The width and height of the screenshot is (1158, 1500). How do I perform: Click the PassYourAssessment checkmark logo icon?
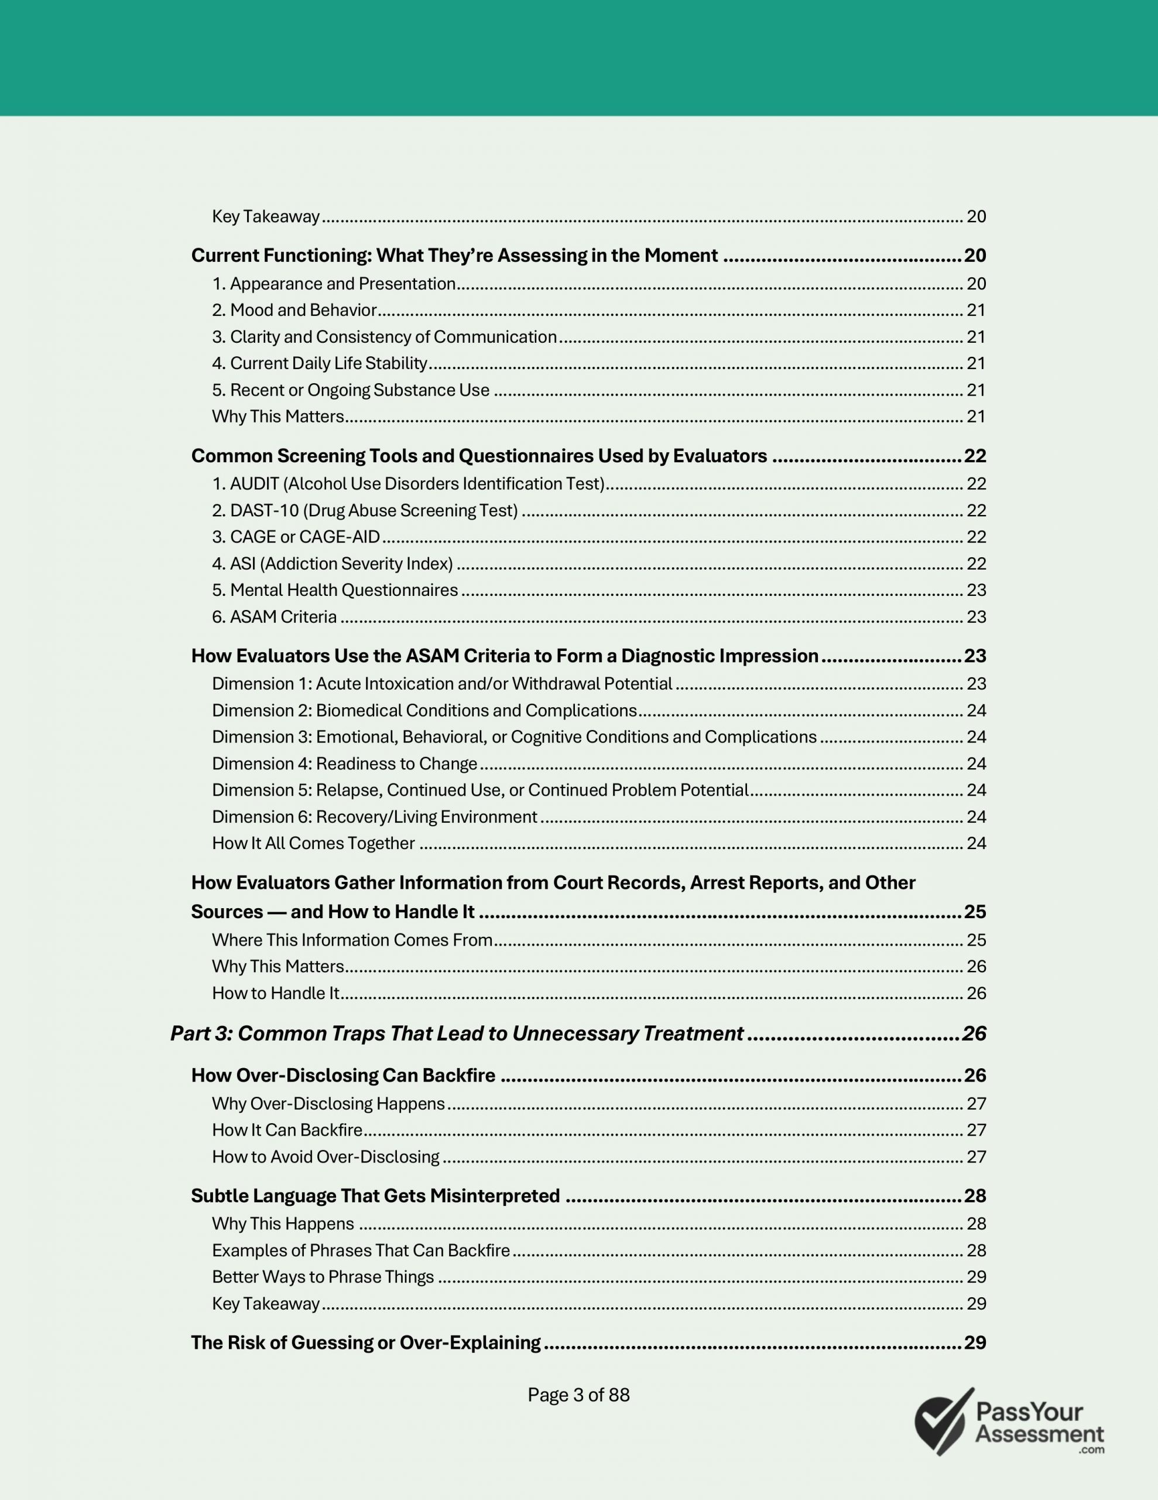click(x=944, y=1421)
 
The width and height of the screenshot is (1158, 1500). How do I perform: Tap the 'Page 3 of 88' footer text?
click(x=578, y=1395)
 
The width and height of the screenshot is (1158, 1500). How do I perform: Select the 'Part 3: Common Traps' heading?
click(x=457, y=1034)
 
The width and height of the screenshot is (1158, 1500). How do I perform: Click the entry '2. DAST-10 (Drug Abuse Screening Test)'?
click(x=365, y=510)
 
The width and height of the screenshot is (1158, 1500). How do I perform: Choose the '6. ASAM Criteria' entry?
click(x=275, y=617)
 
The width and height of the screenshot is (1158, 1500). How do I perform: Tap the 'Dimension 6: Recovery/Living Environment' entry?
click(x=374, y=817)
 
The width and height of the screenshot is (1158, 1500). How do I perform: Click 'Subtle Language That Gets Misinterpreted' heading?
click(x=375, y=1196)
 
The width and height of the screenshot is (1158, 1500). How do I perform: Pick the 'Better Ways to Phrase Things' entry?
click(x=323, y=1277)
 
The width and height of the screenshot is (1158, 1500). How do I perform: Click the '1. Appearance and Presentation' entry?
click(x=334, y=284)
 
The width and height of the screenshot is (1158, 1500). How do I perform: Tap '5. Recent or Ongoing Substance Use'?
click(x=351, y=390)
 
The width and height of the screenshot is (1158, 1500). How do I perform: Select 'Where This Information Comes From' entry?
click(x=352, y=940)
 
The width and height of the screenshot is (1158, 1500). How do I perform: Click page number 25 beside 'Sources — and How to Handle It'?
click(x=975, y=912)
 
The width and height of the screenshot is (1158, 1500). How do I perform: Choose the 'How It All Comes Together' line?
click(x=314, y=843)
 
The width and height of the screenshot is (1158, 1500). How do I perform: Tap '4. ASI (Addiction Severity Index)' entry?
click(x=332, y=564)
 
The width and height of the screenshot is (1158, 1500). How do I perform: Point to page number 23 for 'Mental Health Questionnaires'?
click(x=976, y=591)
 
